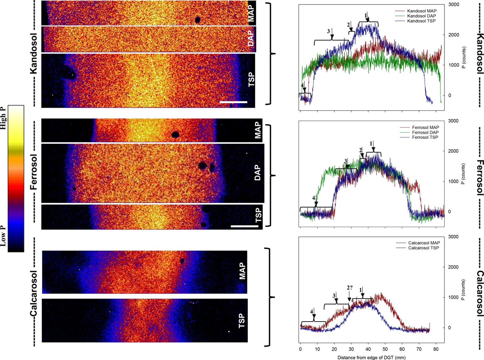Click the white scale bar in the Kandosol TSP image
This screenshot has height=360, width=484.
pyautogui.click(x=233, y=102)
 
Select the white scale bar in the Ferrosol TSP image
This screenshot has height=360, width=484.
pyautogui.click(x=244, y=226)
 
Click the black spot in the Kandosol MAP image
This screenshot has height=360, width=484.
pyautogui.click(x=198, y=19)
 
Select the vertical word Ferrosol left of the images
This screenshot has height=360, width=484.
pyautogui.click(x=34, y=174)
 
